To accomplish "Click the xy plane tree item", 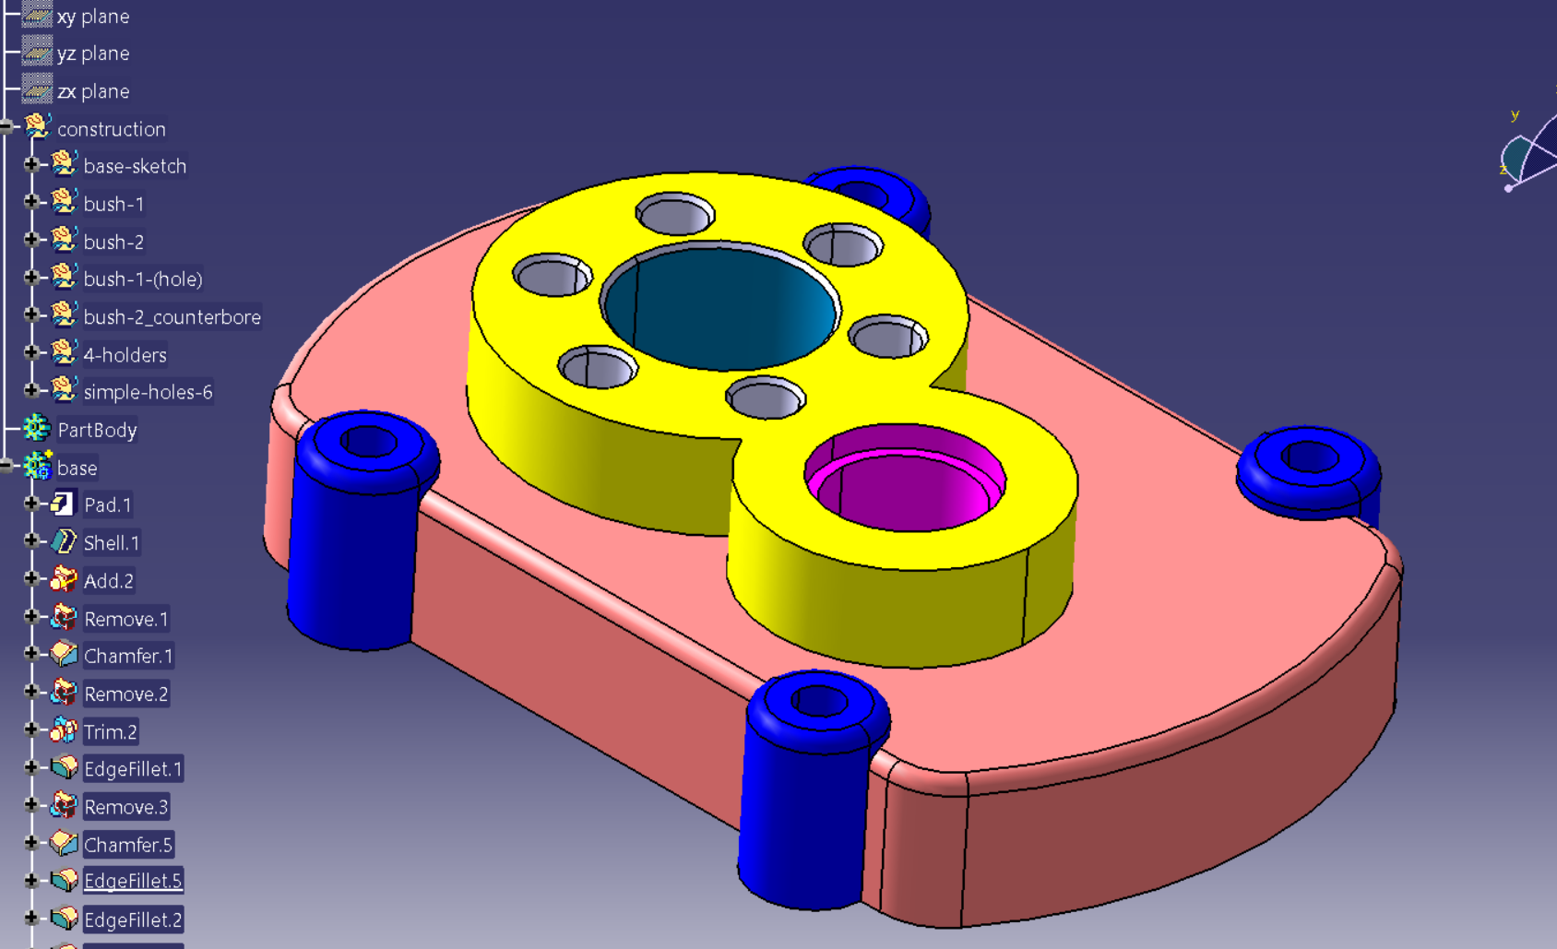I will tap(92, 17).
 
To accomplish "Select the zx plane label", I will tap(92, 91).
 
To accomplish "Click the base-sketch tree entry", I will tap(135, 166).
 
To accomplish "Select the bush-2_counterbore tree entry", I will tap(172, 317).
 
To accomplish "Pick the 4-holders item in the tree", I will tap(125, 355).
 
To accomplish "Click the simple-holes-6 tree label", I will tap(148, 392).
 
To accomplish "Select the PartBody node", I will tap(97, 430).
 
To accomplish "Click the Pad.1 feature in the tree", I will tap(107, 505).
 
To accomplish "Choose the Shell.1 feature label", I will tap(111, 543).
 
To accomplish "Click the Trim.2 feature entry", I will tap(110, 732).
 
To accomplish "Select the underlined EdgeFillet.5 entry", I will tap(133, 882).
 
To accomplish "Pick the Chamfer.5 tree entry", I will tap(127, 845).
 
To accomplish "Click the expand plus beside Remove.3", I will tap(30, 805).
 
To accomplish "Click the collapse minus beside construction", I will tap(6, 127).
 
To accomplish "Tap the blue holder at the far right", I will tap(1308, 470).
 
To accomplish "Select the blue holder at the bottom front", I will tap(807, 793).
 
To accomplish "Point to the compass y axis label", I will tap(1515, 115).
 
